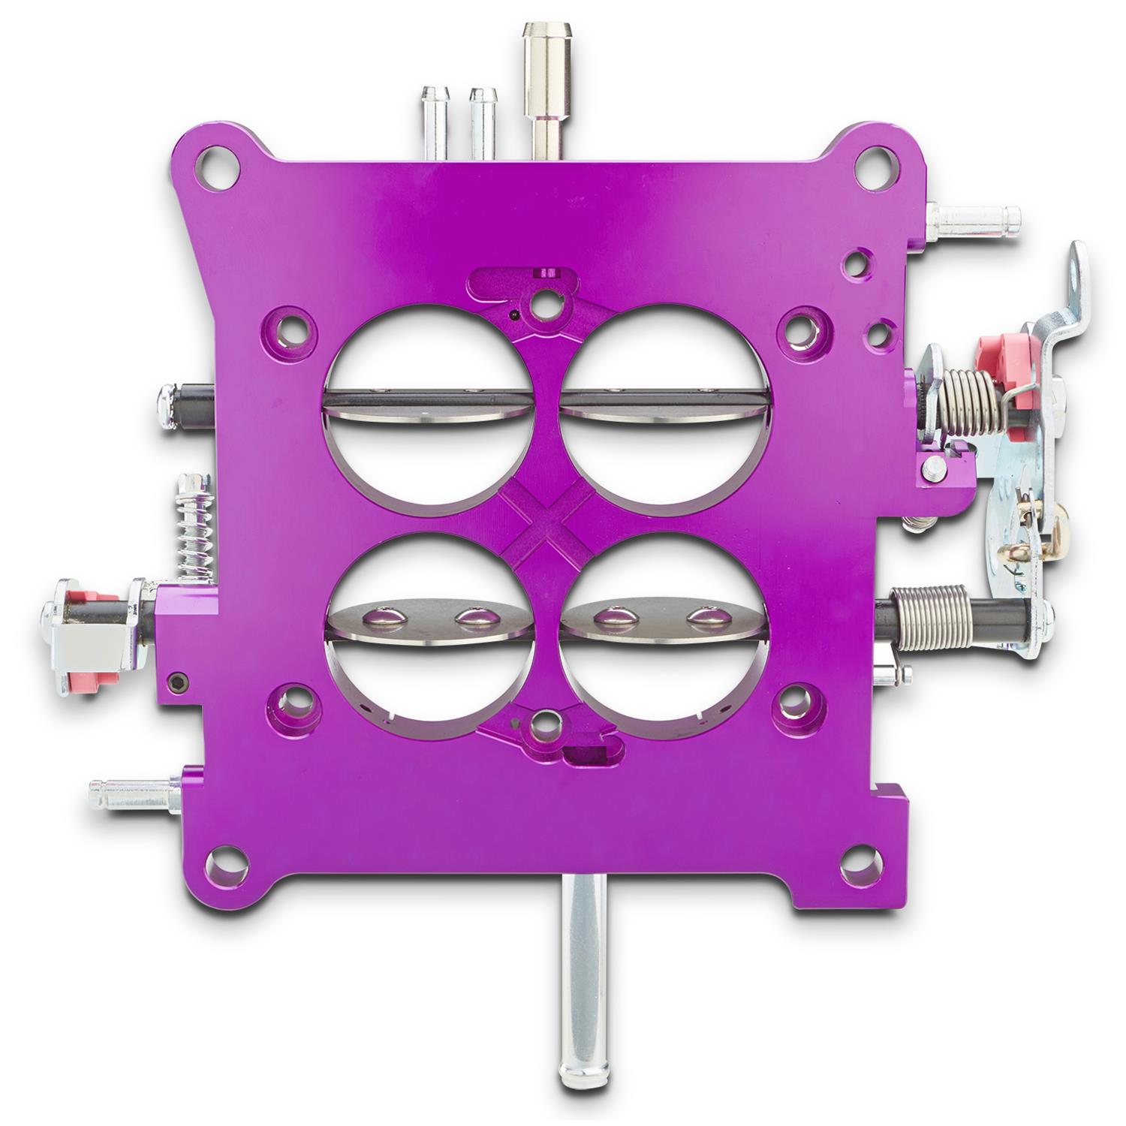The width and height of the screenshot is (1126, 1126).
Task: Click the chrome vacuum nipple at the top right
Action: (976, 218)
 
